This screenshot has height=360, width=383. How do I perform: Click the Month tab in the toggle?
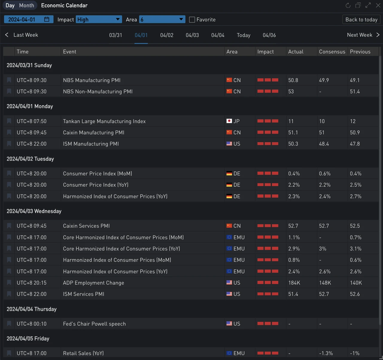click(x=27, y=5)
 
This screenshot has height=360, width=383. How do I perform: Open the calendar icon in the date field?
click(x=47, y=19)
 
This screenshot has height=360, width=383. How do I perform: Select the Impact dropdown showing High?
click(x=99, y=19)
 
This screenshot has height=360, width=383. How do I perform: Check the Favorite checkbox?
click(x=192, y=20)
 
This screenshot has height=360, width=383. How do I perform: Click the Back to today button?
click(x=361, y=19)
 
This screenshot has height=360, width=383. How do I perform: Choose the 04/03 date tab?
click(x=192, y=35)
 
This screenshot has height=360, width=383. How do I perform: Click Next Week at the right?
click(x=363, y=35)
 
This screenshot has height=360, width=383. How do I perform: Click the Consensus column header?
click(x=332, y=51)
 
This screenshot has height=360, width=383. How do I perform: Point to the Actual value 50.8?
click(x=293, y=80)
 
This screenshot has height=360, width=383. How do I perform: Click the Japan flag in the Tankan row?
click(x=229, y=121)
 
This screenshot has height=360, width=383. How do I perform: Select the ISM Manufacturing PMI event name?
click(x=91, y=144)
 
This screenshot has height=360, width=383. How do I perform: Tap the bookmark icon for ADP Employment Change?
click(x=9, y=283)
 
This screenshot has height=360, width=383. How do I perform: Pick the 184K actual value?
click(x=294, y=283)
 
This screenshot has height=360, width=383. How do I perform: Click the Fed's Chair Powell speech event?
click(x=94, y=324)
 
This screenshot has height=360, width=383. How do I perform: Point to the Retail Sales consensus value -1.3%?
click(x=326, y=353)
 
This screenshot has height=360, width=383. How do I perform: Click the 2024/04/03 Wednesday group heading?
click(x=34, y=211)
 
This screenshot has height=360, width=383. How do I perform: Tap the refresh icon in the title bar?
click(x=348, y=5)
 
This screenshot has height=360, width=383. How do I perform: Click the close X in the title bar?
click(x=378, y=5)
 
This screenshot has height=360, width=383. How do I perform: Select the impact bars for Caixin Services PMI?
click(x=268, y=226)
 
